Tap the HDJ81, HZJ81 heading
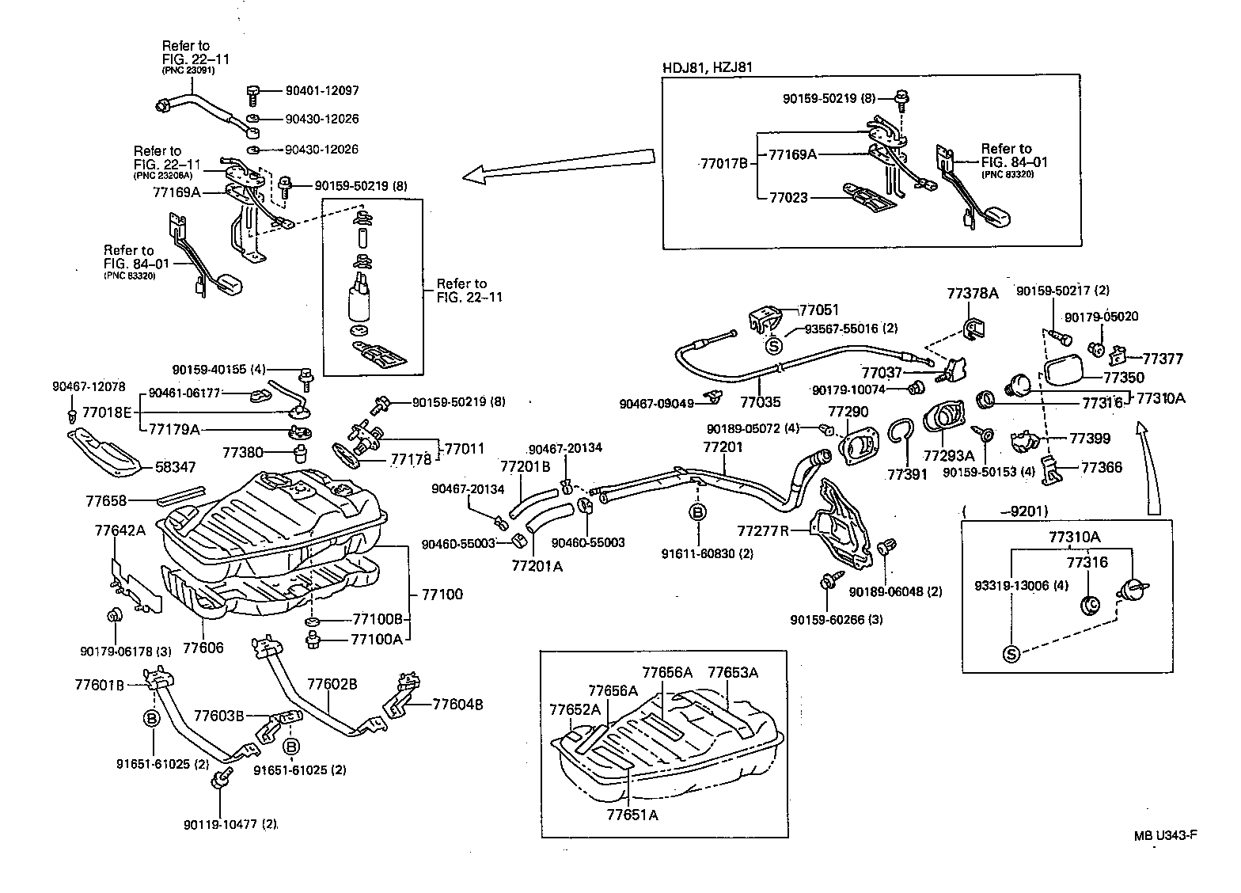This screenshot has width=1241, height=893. coord(707,67)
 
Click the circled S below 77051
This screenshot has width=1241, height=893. coord(773,345)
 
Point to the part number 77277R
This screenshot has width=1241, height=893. coord(763,530)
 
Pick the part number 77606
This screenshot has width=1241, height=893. coord(203,648)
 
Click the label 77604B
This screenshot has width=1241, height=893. coord(457,704)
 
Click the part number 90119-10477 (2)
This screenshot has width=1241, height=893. coord(230,824)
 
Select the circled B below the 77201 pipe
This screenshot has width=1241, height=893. coord(698,512)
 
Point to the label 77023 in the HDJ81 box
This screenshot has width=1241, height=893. coord(788,197)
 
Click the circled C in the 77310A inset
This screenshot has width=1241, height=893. coord(1091,605)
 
